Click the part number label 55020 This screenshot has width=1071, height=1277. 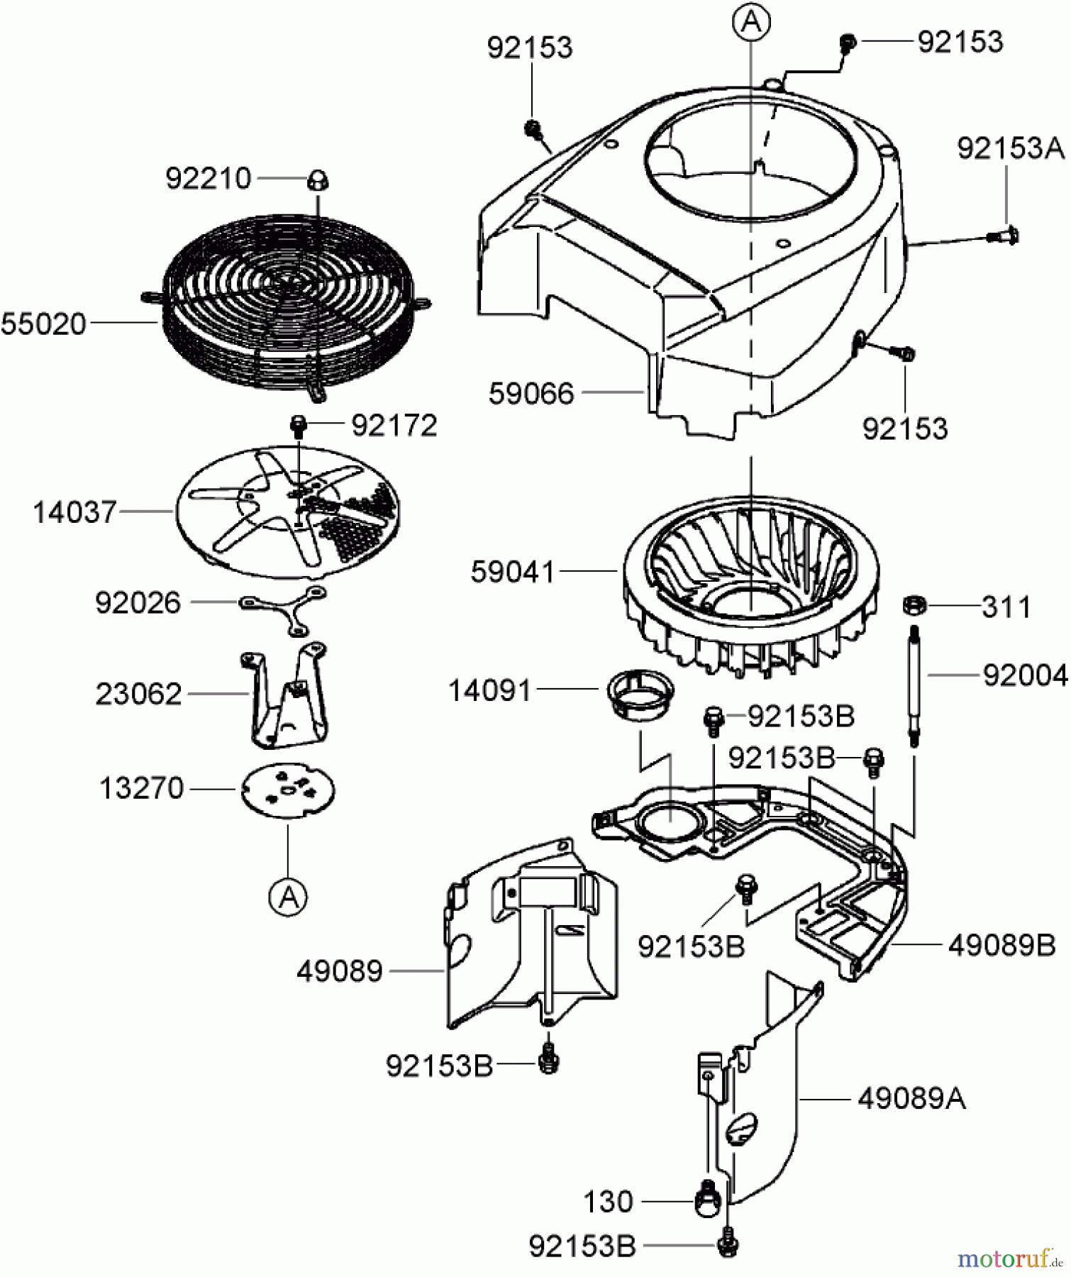(44, 324)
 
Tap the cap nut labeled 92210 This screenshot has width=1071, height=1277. (316, 182)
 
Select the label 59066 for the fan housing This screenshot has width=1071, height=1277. (531, 393)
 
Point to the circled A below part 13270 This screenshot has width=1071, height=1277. (288, 897)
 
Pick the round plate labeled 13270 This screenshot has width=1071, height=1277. (288, 790)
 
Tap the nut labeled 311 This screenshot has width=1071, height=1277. (913, 606)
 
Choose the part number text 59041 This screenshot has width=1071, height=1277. (513, 572)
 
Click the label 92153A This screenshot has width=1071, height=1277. (1010, 149)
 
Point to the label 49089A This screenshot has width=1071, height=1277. (911, 1099)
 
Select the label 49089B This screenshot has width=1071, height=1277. (1001, 945)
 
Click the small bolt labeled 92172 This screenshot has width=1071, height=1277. (299, 426)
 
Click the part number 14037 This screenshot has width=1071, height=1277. (74, 512)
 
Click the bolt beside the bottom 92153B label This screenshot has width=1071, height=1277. (727, 1246)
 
